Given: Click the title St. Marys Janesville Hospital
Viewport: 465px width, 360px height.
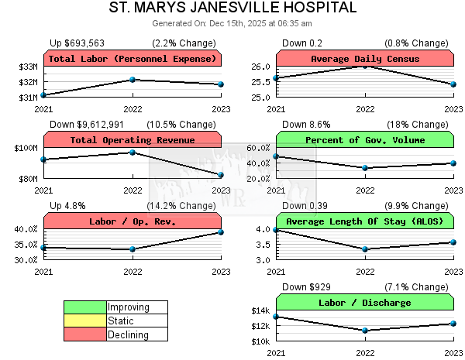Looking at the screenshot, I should [232, 9].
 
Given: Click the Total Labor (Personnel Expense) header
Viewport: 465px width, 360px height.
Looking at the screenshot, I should [133, 59].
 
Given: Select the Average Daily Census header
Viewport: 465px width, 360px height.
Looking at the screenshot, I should [365, 59].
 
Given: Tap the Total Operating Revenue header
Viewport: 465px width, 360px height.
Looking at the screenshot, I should [133, 140].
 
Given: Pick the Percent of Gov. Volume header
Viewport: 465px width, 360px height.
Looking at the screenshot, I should [365, 140].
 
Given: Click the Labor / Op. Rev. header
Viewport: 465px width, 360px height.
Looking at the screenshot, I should [133, 221].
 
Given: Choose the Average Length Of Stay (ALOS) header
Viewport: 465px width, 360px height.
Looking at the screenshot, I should [365, 221].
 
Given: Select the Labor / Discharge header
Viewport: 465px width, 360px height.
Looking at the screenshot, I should [365, 303].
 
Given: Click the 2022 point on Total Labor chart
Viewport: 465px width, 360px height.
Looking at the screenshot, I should [133, 80].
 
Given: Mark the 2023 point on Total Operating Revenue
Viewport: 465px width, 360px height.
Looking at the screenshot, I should [221, 175].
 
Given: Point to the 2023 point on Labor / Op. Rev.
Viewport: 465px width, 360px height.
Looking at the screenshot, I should [221, 232].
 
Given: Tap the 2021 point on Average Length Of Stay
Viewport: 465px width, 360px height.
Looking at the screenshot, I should [276, 230].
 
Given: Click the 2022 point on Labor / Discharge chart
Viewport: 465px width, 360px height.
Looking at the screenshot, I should [365, 331].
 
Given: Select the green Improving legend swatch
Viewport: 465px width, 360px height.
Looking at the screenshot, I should [85, 307].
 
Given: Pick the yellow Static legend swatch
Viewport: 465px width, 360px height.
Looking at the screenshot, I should [85, 321].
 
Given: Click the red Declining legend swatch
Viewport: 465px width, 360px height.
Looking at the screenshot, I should [85, 335].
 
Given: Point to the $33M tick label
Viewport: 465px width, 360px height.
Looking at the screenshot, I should [29, 67].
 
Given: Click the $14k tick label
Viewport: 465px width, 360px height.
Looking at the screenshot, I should [261, 311].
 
